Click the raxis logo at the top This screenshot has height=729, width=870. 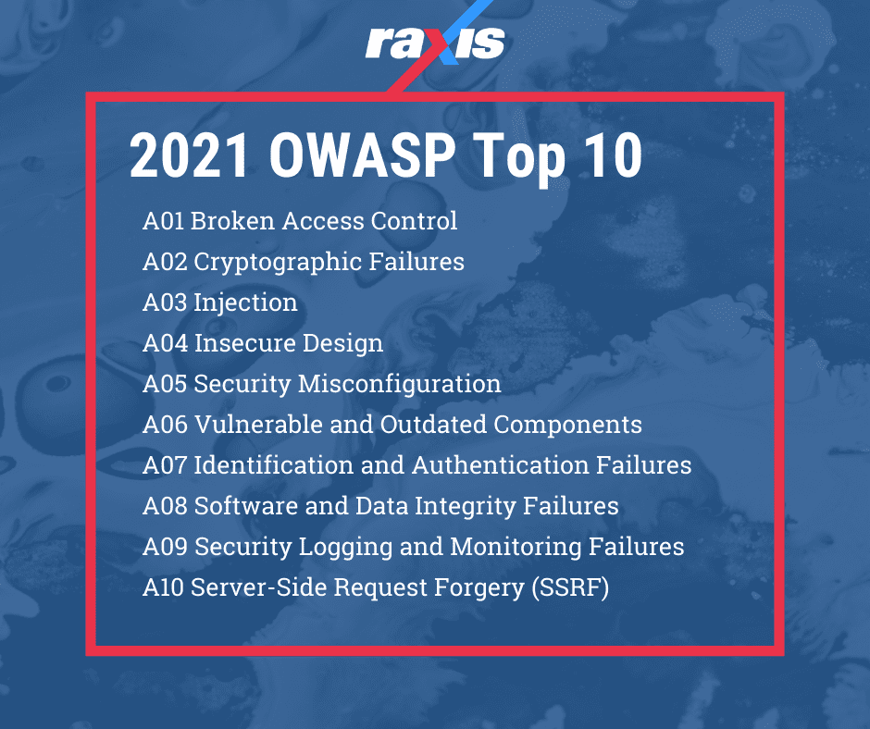coord(435,43)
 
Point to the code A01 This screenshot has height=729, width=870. coord(164,221)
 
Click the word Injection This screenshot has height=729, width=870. coord(245,303)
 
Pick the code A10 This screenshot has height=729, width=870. coord(163,587)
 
